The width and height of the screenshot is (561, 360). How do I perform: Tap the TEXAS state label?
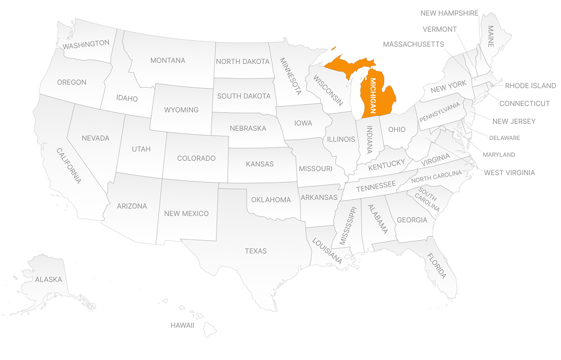256,251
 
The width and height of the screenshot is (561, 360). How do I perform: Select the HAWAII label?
182,325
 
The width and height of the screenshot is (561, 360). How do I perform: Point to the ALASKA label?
48,279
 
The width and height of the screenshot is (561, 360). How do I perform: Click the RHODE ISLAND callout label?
530,86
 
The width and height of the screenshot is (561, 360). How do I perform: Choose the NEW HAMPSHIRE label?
449,13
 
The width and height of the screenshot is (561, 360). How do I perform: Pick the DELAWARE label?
505,138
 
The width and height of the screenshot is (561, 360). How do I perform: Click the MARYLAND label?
499,154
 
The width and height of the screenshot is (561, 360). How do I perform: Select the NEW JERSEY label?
514,121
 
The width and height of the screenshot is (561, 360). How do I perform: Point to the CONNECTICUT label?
524,104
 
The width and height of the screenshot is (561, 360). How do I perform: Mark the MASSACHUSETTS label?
414,44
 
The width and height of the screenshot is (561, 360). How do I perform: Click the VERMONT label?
439,29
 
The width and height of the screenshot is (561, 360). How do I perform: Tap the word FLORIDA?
437,266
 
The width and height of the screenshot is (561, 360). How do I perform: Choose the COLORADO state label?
196,158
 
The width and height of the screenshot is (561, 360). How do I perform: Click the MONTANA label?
168,60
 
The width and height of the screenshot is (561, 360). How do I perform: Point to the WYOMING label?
181,109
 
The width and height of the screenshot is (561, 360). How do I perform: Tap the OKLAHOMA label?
271,200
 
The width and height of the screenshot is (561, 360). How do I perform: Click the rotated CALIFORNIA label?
69,166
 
